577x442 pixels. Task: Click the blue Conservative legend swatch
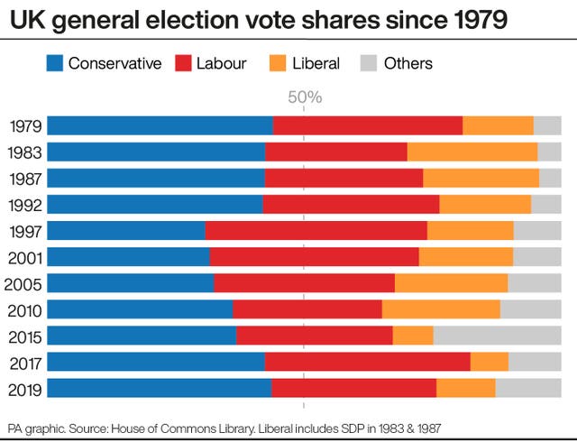point(54,63)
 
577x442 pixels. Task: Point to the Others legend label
point(408,63)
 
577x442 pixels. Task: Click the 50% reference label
point(304,97)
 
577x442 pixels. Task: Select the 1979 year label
point(24,126)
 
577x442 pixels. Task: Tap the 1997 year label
point(24,231)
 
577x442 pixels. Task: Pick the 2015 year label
point(24,336)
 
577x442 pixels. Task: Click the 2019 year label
point(24,388)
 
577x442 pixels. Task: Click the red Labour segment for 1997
point(316,231)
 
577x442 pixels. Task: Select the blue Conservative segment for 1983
point(156,152)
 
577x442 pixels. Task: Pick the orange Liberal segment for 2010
point(441,309)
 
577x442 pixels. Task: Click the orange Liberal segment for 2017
point(489,362)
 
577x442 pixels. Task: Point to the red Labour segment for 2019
point(353,388)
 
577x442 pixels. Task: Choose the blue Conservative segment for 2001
point(128,257)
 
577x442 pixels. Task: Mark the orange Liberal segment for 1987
point(481,179)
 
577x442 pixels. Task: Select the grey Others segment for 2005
point(534,283)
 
